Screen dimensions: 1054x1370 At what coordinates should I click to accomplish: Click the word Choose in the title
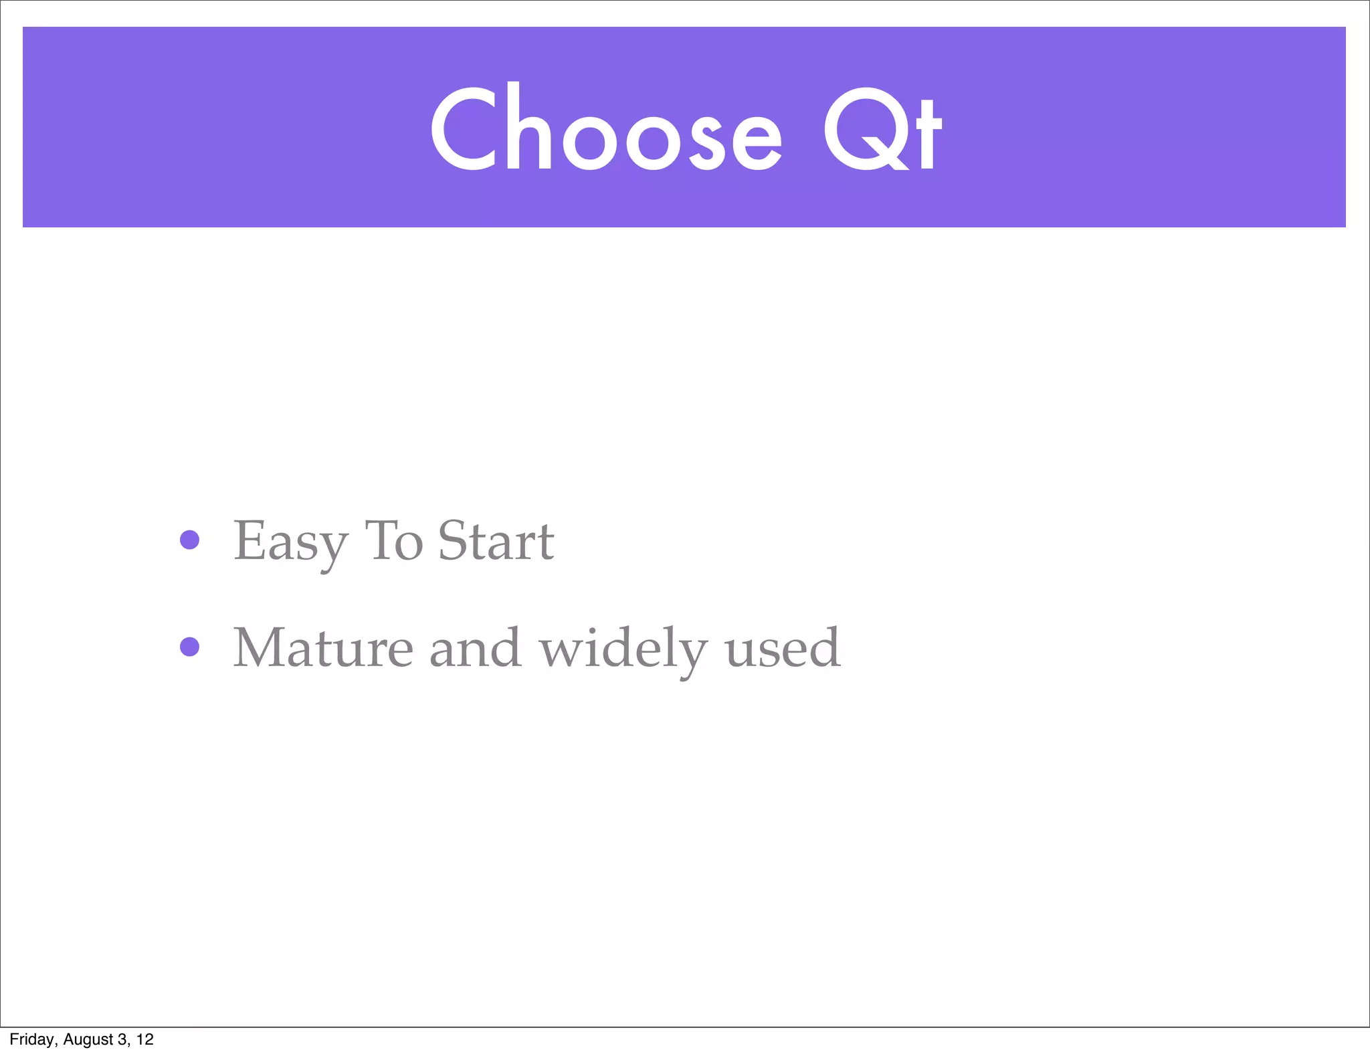click(x=605, y=128)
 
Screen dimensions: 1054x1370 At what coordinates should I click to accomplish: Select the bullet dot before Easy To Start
click(x=190, y=540)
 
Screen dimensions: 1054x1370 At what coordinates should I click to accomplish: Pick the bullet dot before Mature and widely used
click(x=190, y=647)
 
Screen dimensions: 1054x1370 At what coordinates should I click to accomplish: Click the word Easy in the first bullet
click(x=290, y=542)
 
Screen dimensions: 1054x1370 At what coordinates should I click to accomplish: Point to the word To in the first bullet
click(x=393, y=540)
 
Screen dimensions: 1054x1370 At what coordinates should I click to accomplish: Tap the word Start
click(x=496, y=540)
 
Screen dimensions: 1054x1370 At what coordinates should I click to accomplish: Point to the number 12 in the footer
click(x=145, y=1039)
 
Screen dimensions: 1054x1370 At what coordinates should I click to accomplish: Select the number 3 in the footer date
click(x=122, y=1039)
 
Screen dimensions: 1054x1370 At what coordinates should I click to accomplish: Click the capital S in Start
click(x=452, y=540)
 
